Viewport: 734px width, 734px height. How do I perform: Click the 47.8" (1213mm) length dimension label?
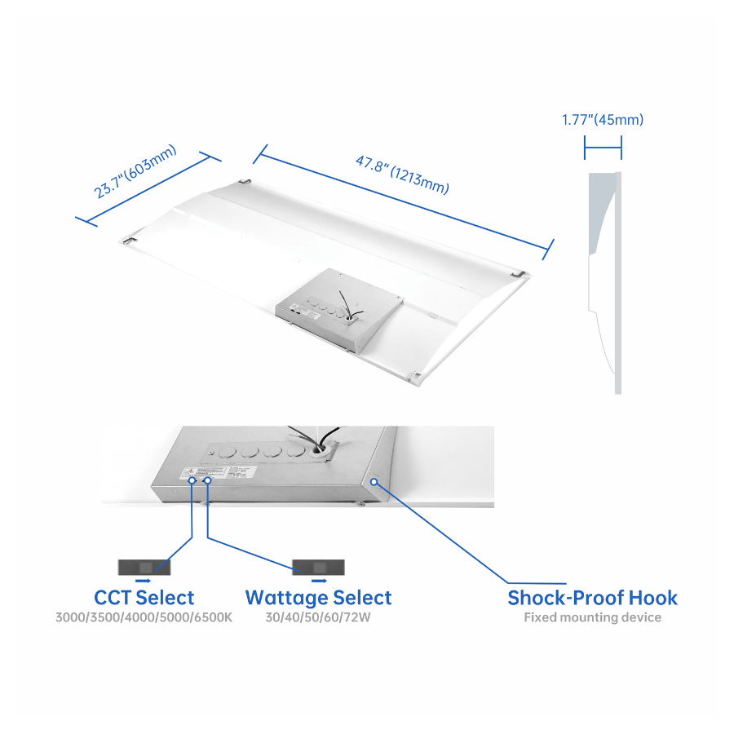click(401, 174)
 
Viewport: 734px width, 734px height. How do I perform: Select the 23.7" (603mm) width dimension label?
click(136, 173)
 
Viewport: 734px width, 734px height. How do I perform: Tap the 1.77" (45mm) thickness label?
click(603, 120)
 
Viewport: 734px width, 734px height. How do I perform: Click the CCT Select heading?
click(144, 598)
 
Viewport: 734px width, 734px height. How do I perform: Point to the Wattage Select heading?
click(318, 598)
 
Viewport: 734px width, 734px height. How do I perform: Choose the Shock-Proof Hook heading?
click(592, 598)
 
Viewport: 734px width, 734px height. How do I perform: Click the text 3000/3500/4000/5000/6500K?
click(144, 617)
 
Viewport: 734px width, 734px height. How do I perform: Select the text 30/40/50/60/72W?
click(318, 617)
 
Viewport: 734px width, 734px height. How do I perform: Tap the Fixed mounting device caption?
click(592, 617)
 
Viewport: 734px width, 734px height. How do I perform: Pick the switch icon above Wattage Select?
click(319, 567)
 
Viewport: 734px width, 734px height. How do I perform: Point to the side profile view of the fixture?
click(604, 281)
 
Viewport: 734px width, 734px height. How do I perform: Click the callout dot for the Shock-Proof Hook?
click(374, 481)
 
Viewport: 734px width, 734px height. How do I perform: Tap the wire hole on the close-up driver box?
click(327, 448)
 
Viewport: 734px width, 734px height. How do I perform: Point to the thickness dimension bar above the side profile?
click(603, 148)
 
